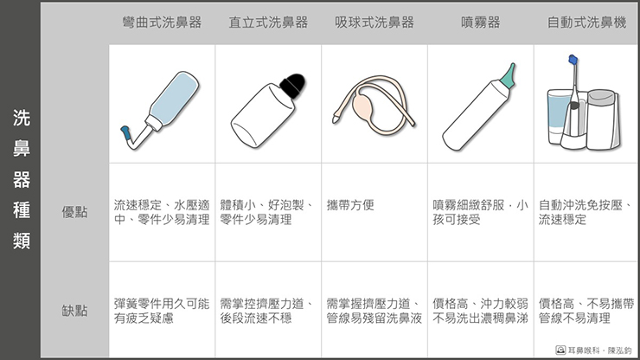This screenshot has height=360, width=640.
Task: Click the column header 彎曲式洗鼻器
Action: (x=162, y=22)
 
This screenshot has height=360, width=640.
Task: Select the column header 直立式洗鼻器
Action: (x=268, y=22)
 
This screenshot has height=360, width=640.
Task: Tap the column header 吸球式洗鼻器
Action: (x=374, y=22)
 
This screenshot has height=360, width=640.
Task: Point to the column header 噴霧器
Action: (x=480, y=22)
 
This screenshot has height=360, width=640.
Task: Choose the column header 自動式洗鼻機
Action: (x=586, y=22)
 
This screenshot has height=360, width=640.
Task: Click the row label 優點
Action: (x=74, y=212)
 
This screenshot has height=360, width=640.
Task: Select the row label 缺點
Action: (x=74, y=311)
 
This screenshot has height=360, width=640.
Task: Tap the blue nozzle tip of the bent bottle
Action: (x=125, y=132)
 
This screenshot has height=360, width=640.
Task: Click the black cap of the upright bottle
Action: (x=293, y=85)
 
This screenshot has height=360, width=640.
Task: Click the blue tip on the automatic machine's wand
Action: (x=573, y=60)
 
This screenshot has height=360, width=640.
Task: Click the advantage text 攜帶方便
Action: (x=350, y=205)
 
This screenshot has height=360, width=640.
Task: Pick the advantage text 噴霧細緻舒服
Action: (x=469, y=205)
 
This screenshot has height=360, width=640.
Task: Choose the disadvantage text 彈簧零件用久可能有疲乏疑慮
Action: (x=162, y=311)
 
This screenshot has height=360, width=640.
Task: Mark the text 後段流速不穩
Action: (x=256, y=318)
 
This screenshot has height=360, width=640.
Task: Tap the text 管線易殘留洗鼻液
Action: (x=374, y=318)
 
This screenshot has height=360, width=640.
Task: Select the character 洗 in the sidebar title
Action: (x=22, y=118)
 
